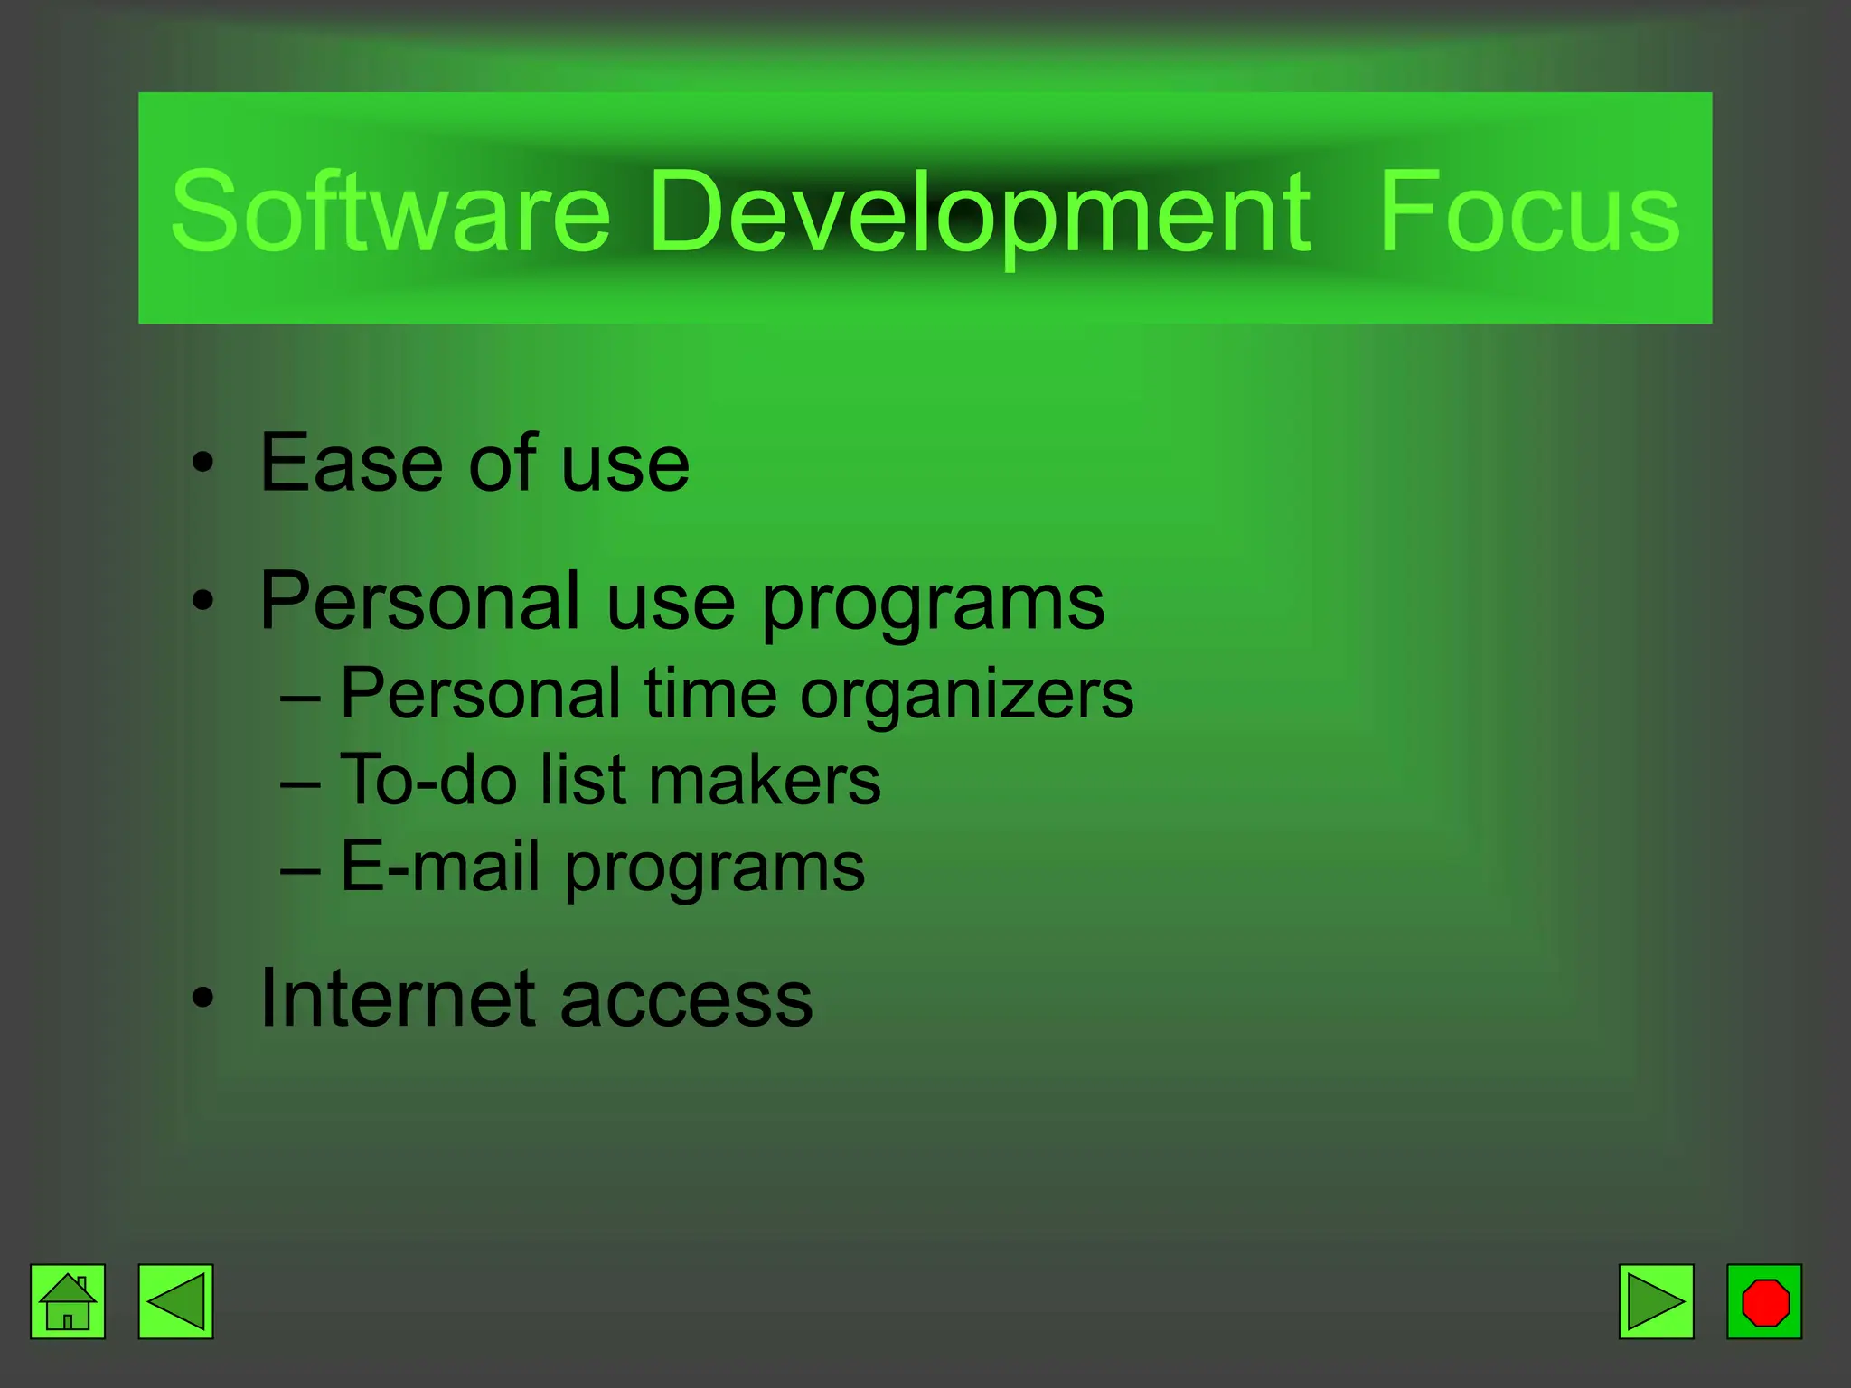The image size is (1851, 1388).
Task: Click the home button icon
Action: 68,1301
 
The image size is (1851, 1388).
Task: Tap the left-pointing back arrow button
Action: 175,1301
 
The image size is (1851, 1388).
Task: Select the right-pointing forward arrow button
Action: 1656,1301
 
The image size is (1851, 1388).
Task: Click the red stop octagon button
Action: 1764,1301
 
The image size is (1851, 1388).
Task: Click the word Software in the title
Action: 390,212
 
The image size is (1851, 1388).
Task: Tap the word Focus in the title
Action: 1528,212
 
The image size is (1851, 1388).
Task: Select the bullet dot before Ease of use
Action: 203,464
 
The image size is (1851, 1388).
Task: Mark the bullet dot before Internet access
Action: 203,999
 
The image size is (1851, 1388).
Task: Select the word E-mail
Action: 440,866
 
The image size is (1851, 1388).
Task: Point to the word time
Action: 710,694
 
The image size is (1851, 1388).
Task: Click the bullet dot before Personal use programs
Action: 203,600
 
